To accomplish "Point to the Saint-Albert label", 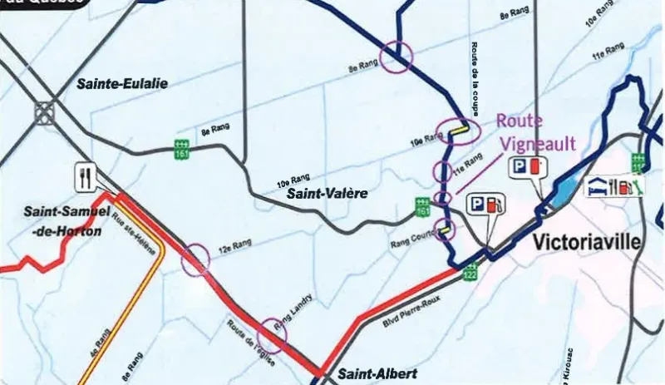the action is (372, 373).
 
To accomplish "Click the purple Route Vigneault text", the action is (536, 133).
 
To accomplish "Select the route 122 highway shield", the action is (470, 272).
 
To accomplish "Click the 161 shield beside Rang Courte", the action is (423, 206).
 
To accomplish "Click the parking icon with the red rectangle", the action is (525, 165).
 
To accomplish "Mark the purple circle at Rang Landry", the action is (273, 333).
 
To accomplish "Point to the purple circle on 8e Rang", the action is (396, 57).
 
